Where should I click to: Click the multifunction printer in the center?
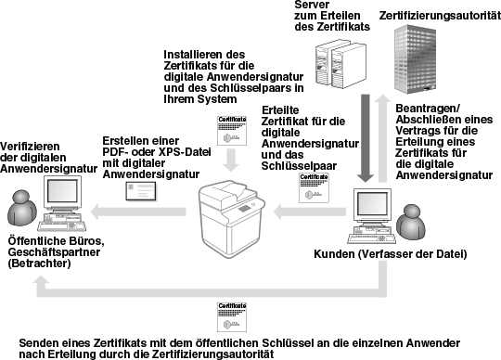click(x=232, y=219)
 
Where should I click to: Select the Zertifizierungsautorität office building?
click(x=415, y=59)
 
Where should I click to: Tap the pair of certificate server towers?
click(x=340, y=64)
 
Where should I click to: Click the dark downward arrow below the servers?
click(x=365, y=138)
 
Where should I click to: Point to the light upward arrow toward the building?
click(x=382, y=138)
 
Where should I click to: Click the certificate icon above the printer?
click(x=232, y=130)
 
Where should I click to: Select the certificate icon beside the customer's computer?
click(x=314, y=187)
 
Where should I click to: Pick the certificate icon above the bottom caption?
click(x=232, y=317)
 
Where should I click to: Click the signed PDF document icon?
click(x=141, y=191)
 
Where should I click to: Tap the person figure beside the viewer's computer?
click(x=22, y=208)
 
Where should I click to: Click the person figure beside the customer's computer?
click(x=411, y=223)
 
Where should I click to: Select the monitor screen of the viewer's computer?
click(x=62, y=191)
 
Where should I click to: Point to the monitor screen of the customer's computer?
click(x=372, y=204)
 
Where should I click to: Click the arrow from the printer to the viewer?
click(x=138, y=212)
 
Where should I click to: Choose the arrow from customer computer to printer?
click(x=310, y=212)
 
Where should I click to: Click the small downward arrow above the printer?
click(x=231, y=160)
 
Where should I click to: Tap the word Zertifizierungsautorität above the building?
click(x=440, y=16)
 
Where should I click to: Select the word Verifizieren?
click(x=30, y=147)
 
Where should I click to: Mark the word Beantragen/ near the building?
click(x=428, y=109)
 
